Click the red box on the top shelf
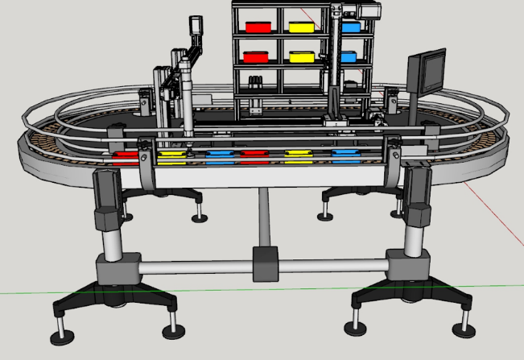258,27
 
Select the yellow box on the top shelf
301,27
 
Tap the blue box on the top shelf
350,27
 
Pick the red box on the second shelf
256,57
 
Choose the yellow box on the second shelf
302,57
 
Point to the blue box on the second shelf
349,57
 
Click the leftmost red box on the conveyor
125,157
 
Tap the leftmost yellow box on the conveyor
171,155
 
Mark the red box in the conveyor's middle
254,155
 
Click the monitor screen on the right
427,70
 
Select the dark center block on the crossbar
266,264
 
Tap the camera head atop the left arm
195,30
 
